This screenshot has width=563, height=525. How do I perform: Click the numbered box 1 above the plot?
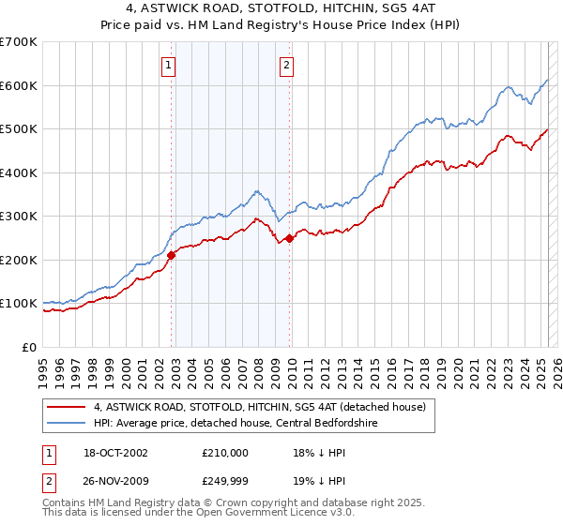click(168, 65)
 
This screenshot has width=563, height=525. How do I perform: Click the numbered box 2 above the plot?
click(285, 65)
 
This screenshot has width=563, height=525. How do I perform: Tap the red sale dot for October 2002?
click(172, 255)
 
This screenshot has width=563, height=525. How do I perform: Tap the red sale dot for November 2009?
click(290, 238)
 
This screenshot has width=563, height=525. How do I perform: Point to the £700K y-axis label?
click(19, 42)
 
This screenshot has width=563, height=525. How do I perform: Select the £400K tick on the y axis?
click(19, 172)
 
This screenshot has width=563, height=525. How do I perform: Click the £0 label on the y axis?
click(31, 347)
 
